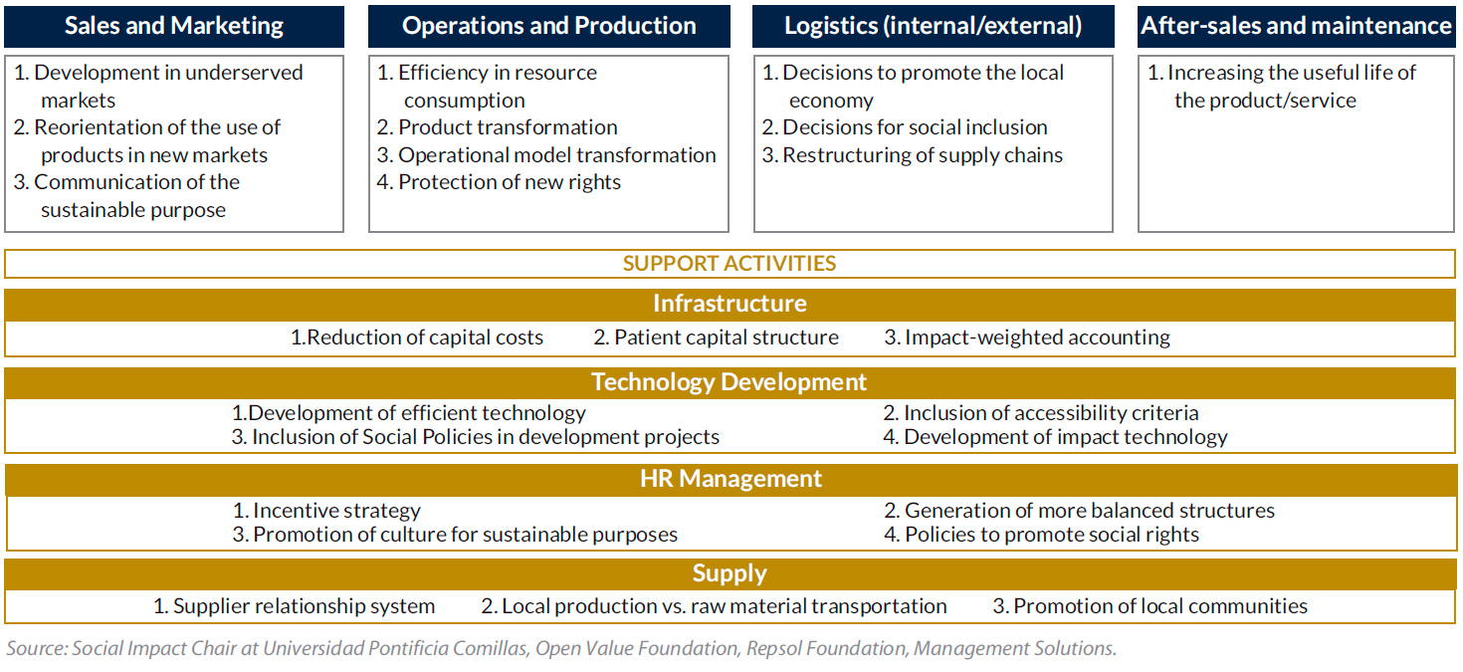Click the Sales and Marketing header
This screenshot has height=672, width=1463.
[174, 26]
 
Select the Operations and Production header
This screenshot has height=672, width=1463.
[548, 26]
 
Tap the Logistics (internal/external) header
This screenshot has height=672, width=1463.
[933, 26]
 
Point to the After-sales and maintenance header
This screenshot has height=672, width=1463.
[1296, 26]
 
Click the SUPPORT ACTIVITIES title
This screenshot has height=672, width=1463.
[729, 263]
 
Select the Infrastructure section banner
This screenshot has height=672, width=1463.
[731, 304]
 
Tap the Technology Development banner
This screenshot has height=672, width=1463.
[731, 382]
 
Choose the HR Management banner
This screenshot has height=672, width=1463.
[731, 479]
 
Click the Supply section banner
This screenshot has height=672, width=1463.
[731, 573]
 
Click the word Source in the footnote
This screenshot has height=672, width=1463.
[37, 648]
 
